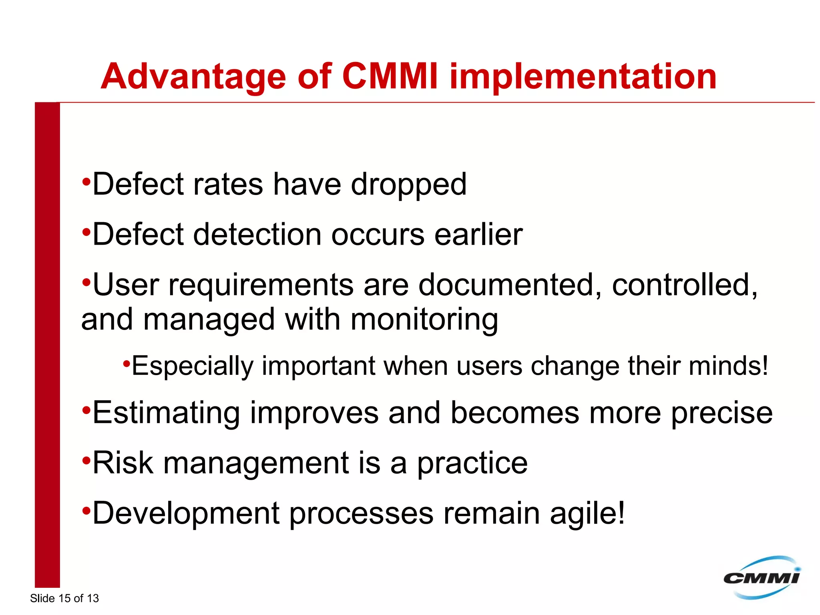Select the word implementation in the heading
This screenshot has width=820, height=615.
[x=583, y=77]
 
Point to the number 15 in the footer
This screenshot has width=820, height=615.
[x=64, y=598]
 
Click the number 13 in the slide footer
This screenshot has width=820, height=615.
[x=92, y=598]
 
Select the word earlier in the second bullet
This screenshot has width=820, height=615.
[x=478, y=235]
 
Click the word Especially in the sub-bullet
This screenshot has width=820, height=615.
[x=193, y=366]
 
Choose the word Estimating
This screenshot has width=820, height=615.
[x=166, y=413]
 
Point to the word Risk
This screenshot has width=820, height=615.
[x=123, y=463]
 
